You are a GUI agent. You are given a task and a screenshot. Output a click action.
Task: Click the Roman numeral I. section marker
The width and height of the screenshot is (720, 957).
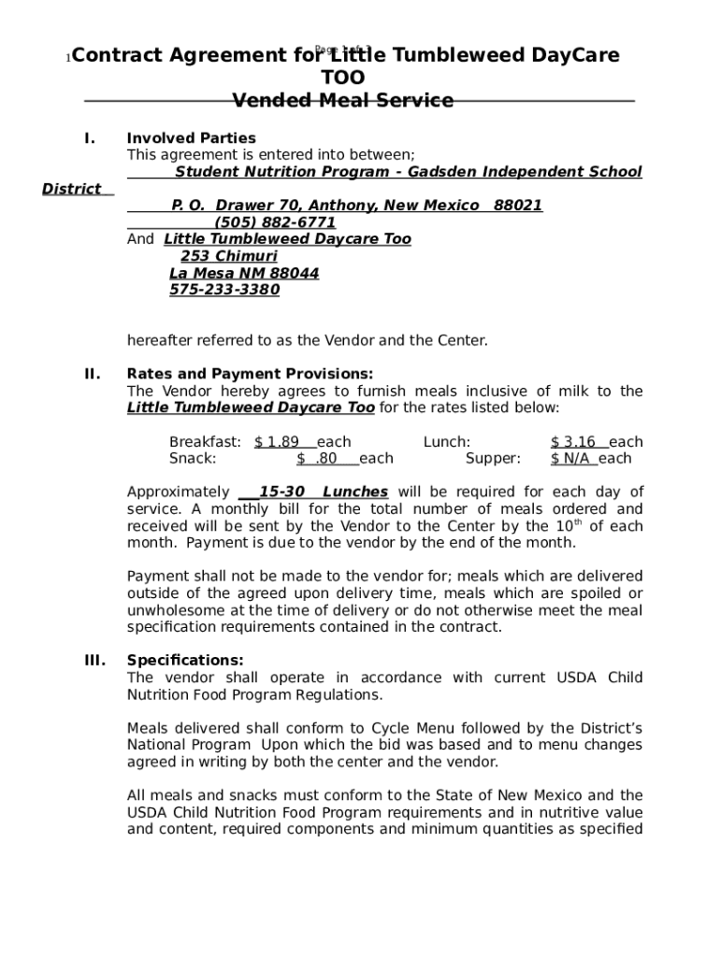(x=90, y=138)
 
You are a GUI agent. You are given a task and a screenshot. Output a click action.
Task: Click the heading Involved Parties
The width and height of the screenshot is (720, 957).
(x=191, y=138)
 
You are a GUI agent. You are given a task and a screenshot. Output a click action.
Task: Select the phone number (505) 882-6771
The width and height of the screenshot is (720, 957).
(x=275, y=222)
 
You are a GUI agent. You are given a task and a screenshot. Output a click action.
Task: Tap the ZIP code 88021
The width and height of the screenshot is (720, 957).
(x=518, y=206)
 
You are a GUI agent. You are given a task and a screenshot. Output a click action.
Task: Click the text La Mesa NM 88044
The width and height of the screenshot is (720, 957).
(x=244, y=273)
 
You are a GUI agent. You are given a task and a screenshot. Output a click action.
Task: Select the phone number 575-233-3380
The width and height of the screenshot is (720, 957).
(x=224, y=290)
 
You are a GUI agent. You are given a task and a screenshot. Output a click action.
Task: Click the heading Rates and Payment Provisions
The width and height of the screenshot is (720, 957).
(x=250, y=375)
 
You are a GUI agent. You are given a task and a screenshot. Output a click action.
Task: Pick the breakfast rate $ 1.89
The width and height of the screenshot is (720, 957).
(x=277, y=442)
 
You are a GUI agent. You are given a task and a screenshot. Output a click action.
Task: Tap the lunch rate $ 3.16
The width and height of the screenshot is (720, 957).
(x=573, y=442)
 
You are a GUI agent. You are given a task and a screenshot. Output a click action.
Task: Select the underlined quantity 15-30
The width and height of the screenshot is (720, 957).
(x=281, y=493)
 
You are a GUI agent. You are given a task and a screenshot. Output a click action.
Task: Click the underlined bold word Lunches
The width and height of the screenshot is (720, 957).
(x=355, y=493)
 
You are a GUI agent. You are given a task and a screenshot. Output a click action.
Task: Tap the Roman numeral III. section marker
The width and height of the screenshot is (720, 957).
(x=95, y=661)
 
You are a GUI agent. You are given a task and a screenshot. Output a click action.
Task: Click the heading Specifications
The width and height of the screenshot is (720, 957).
(x=185, y=661)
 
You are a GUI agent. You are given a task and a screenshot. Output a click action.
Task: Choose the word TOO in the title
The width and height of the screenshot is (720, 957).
(x=343, y=78)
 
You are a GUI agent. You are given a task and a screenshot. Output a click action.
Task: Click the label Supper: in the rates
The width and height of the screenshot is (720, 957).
(x=493, y=459)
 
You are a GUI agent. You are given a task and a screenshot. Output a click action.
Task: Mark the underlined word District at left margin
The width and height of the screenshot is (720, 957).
(x=72, y=189)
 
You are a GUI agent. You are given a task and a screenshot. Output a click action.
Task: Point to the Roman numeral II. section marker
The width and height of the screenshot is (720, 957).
(x=93, y=375)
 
